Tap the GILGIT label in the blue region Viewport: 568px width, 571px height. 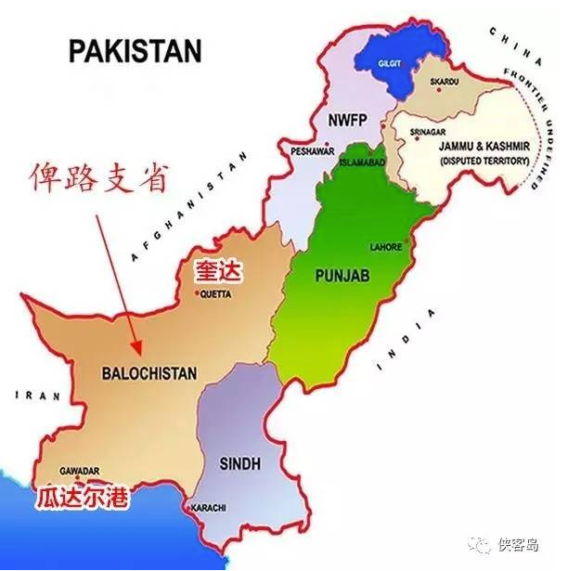(390, 64)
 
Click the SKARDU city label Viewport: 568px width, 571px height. (445, 82)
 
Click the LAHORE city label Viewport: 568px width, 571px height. (385, 247)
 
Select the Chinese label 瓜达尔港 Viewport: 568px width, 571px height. (83, 497)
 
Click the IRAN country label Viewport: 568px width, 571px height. (37, 396)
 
